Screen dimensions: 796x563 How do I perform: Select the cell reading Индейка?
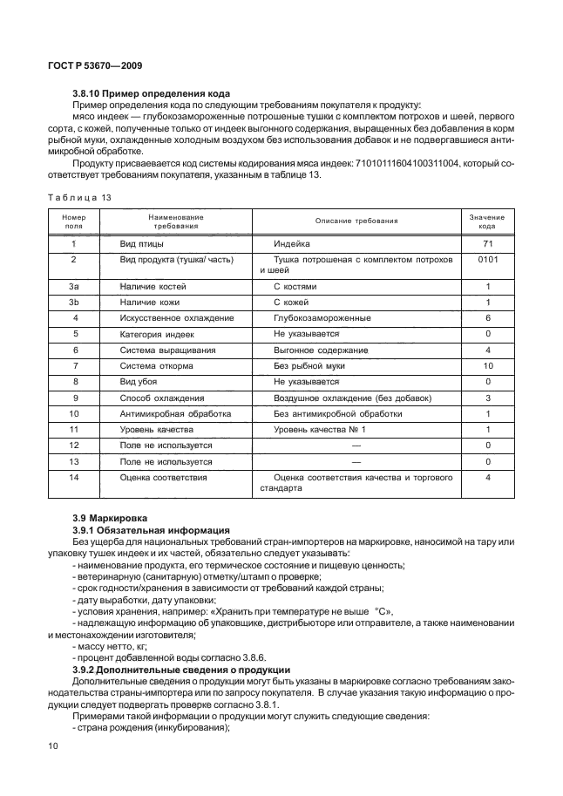(293, 244)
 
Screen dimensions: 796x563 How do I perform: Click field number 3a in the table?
(74, 286)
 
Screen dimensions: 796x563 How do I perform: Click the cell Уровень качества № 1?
(320, 430)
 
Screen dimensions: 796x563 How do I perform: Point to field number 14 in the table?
(74, 478)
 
